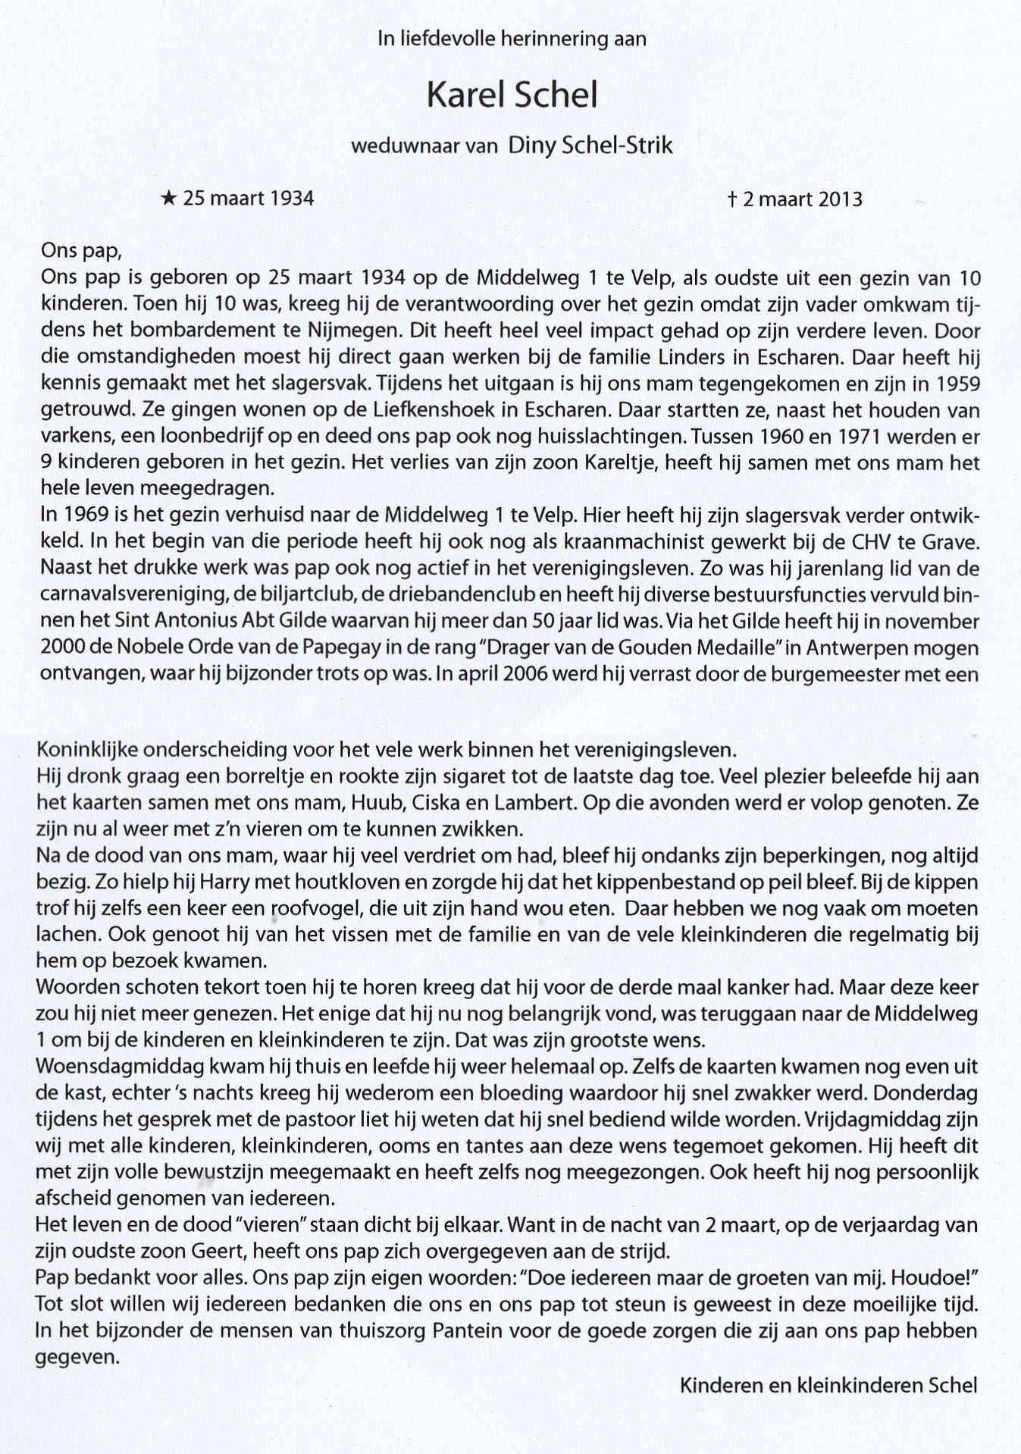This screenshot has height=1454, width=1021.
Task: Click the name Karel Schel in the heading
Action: coord(512,96)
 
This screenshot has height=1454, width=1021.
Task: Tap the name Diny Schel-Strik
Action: coord(590,146)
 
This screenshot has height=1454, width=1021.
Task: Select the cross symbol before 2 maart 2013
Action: coord(732,199)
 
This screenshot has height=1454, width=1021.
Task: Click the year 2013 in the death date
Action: coord(840,199)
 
